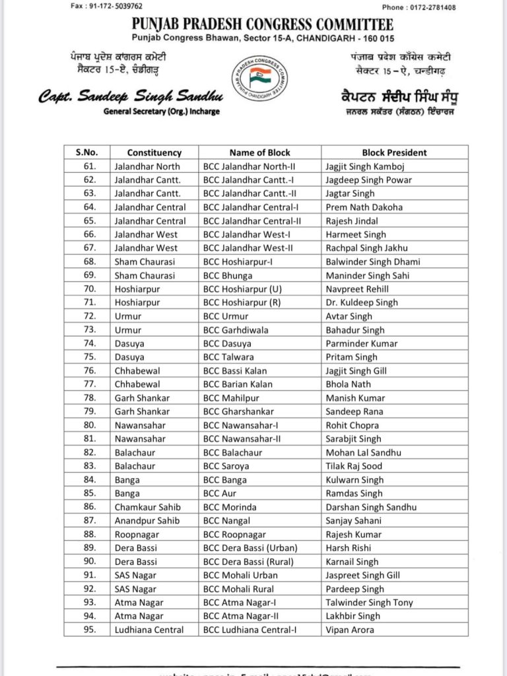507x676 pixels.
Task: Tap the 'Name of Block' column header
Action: click(259, 152)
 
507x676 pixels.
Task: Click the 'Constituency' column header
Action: click(154, 152)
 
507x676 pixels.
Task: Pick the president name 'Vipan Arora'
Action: click(349, 630)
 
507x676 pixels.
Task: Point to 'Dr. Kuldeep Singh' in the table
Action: click(361, 303)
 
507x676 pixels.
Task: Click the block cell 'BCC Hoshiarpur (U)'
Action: click(240, 289)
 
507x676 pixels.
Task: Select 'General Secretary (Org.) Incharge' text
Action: click(162, 112)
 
